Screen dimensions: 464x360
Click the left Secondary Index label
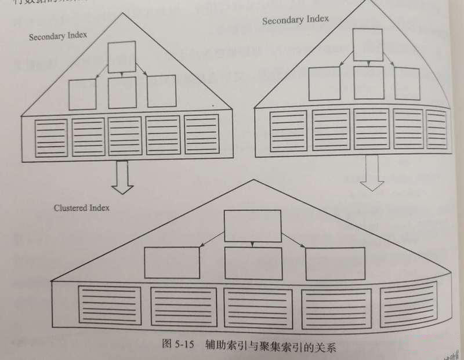58,36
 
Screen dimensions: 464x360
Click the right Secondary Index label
295,20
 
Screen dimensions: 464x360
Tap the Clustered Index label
82,207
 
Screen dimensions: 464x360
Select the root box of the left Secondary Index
122,57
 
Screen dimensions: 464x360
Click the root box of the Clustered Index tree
252,226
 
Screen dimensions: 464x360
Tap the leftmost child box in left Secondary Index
82,94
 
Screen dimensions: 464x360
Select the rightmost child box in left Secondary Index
161,91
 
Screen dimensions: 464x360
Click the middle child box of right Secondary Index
369,82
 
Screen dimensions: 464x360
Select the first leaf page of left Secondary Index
52,137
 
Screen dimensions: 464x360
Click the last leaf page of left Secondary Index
201,134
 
